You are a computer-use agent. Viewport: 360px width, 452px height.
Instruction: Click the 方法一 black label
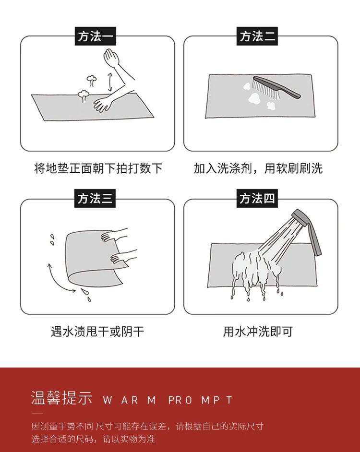[96, 36]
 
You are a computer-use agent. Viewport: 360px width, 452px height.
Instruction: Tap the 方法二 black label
[257, 36]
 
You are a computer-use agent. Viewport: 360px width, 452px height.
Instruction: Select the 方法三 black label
[95, 198]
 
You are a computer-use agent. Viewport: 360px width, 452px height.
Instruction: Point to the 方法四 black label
[257, 198]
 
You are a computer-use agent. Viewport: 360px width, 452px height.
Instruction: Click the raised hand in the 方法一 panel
[112, 58]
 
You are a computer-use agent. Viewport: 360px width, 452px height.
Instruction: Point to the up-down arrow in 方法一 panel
[109, 83]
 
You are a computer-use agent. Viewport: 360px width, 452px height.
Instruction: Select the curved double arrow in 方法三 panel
[58, 280]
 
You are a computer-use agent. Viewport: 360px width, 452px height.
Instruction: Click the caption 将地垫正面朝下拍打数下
[98, 168]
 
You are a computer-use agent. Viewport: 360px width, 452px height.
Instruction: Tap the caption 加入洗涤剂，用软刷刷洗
[258, 168]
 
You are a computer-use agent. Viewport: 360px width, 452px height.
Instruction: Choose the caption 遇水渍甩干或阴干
[97, 332]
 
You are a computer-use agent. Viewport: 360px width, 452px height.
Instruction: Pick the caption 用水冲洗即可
[258, 332]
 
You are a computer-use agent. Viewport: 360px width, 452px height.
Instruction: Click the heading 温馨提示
[61, 398]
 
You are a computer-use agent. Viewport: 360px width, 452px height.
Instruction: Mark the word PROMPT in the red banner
[200, 400]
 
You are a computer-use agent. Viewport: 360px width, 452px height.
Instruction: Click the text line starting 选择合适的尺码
[93, 439]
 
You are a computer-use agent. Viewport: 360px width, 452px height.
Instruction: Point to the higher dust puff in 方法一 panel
[92, 81]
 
